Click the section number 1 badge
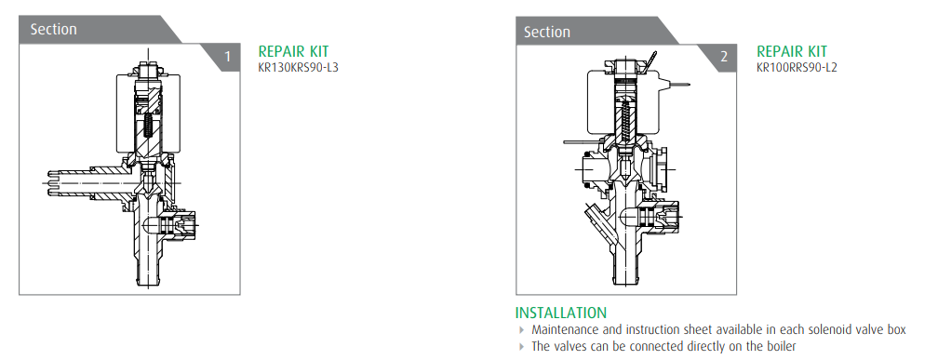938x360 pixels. [227, 57]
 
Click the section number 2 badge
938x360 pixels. [724, 57]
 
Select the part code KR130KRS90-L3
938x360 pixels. [298, 67]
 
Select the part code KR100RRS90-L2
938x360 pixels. [797, 67]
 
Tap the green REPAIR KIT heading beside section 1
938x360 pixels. [293, 51]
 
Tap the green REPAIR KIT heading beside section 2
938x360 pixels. [792, 51]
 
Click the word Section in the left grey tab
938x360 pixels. [53, 30]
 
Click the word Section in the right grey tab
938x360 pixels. [547, 32]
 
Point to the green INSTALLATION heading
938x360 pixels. [560, 313]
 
